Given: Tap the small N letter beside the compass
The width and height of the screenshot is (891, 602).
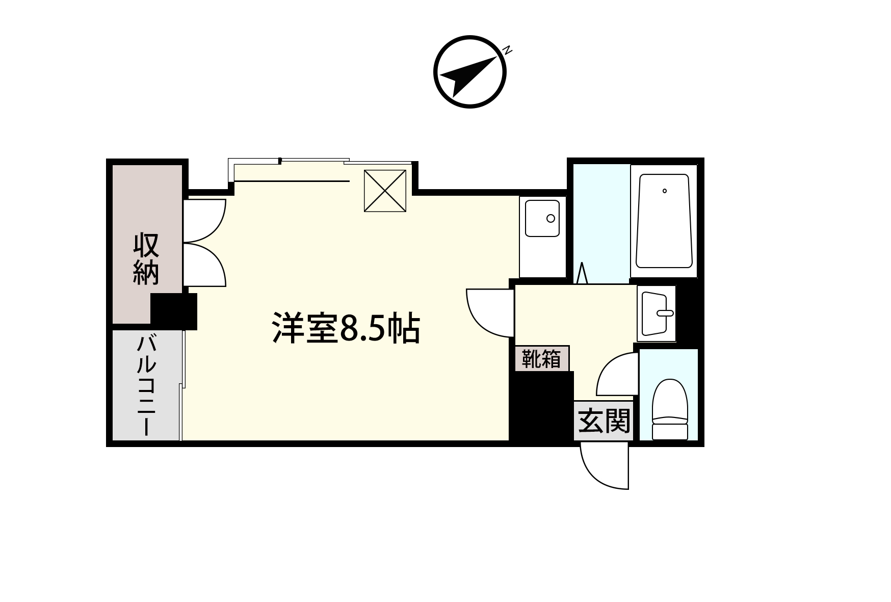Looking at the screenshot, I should [507, 50].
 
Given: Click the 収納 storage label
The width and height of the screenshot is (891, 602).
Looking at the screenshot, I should [146, 258].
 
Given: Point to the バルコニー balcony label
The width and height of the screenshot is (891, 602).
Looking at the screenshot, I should [146, 385].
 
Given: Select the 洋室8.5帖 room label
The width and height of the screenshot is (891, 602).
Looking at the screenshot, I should [346, 329].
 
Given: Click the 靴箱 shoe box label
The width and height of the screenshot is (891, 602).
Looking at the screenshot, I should [541, 359].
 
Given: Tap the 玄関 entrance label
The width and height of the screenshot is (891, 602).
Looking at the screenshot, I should [604, 421].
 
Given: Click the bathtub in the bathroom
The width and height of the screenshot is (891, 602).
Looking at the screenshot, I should [664, 221].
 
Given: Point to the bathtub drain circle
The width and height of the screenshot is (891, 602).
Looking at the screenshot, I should [665, 191].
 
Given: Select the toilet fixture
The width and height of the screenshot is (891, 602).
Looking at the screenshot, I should [670, 409].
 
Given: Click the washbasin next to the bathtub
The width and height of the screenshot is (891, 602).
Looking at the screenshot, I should [658, 312].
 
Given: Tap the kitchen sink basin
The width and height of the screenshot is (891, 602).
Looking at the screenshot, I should [542, 218].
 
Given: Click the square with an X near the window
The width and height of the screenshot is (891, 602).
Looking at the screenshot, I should [385, 191].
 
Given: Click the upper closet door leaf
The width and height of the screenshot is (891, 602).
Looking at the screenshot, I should [204, 220].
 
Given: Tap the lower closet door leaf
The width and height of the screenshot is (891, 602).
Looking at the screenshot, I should [204, 264].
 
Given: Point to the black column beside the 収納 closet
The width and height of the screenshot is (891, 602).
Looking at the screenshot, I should [174, 311].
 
